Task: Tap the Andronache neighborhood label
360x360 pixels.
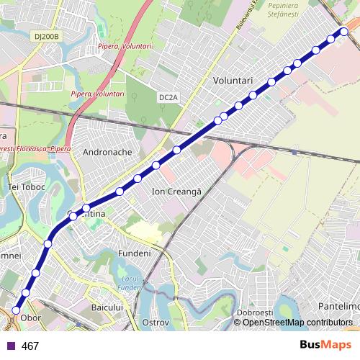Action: (107, 153)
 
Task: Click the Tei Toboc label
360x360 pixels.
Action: (26, 186)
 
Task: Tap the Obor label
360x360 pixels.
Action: (31, 317)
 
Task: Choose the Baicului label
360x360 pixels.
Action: (109, 307)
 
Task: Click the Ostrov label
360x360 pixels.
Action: (156, 322)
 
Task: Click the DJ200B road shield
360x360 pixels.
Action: (48, 35)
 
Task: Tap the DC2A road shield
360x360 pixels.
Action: (168, 96)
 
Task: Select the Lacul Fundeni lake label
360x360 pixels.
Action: (130, 283)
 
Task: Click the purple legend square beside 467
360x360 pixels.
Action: (10, 346)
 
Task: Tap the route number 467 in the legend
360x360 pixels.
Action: (30, 346)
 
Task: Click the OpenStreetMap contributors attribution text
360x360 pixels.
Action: (297, 323)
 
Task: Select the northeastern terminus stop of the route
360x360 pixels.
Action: (345, 31)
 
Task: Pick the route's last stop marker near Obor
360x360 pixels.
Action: (16, 309)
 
